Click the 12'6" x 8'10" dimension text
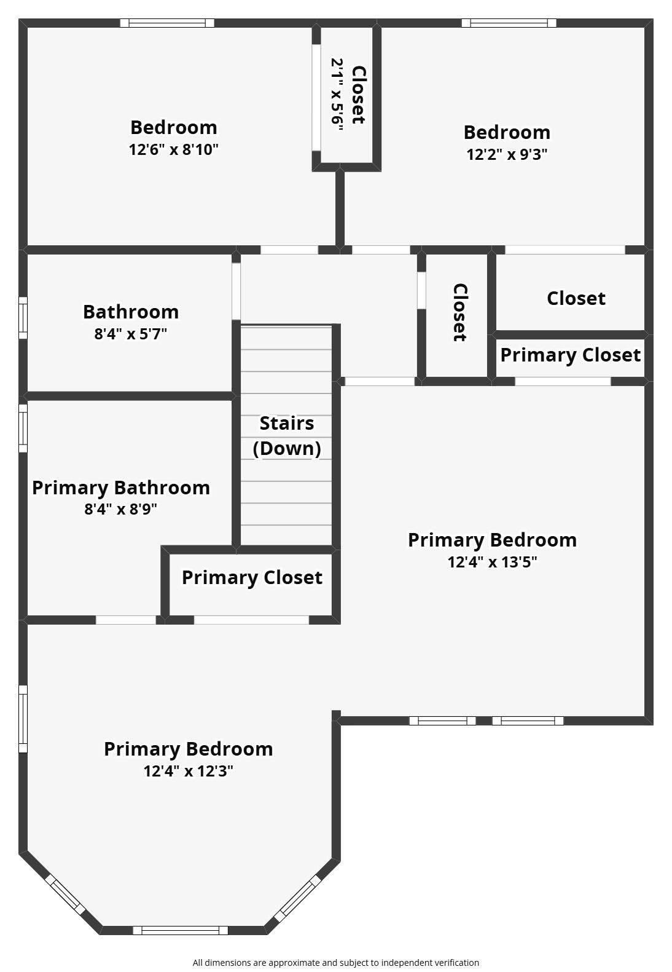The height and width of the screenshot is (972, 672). (x=173, y=149)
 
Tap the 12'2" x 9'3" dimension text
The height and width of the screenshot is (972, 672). (x=507, y=154)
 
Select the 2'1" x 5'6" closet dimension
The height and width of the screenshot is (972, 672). (x=337, y=92)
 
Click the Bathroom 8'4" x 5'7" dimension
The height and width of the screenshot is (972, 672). (x=130, y=334)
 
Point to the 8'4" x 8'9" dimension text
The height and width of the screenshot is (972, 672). (x=121, y=510)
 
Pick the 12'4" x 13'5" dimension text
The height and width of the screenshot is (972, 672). (x=492, y=562)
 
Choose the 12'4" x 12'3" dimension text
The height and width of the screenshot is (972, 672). (x=188, y=771)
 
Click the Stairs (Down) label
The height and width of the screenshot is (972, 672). (x=287, y=435)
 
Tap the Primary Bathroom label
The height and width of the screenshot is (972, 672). (x=121, y=488)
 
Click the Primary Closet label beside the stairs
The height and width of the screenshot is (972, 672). (x=252, y=577)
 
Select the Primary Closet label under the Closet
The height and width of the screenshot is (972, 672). (x=570, y=355)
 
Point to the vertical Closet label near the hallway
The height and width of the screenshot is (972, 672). (x=459, y=312)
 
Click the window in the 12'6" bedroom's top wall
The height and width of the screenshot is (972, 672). (x=167, y=23)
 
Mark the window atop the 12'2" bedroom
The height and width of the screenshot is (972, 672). (x=509, y=23)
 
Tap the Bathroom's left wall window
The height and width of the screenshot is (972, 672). (x=23, y=317)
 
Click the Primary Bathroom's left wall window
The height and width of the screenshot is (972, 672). (x=23, y=427)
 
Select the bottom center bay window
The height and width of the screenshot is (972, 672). (x=181, y=930)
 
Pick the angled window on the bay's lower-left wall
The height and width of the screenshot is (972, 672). (x=65, y=895)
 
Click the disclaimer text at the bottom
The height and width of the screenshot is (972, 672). (x=335, y=963)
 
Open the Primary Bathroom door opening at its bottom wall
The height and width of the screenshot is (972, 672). (x=126, y=620)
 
